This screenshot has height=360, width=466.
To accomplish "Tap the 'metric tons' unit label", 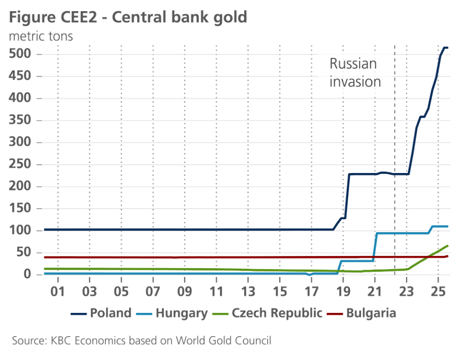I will coord(41,36).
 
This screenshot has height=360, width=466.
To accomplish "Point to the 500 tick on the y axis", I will coord(20,54).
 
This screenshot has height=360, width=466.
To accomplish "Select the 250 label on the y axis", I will coord(20,165).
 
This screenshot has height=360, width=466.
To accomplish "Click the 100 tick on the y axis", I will coord(20,231).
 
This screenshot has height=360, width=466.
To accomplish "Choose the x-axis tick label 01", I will coord(58,293).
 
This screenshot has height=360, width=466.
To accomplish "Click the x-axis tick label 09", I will coord(184,293).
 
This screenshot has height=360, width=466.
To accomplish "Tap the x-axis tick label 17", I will coord(311,293).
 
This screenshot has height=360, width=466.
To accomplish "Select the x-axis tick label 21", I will coord(375,293).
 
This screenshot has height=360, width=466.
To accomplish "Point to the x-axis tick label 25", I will coord(438,293).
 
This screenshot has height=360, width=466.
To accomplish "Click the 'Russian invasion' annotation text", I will coord(355,72).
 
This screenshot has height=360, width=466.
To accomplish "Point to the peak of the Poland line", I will coord(445,48).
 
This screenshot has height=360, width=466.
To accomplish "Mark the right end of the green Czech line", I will coord(448,246).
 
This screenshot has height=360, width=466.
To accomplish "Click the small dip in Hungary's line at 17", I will coord(310,275).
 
